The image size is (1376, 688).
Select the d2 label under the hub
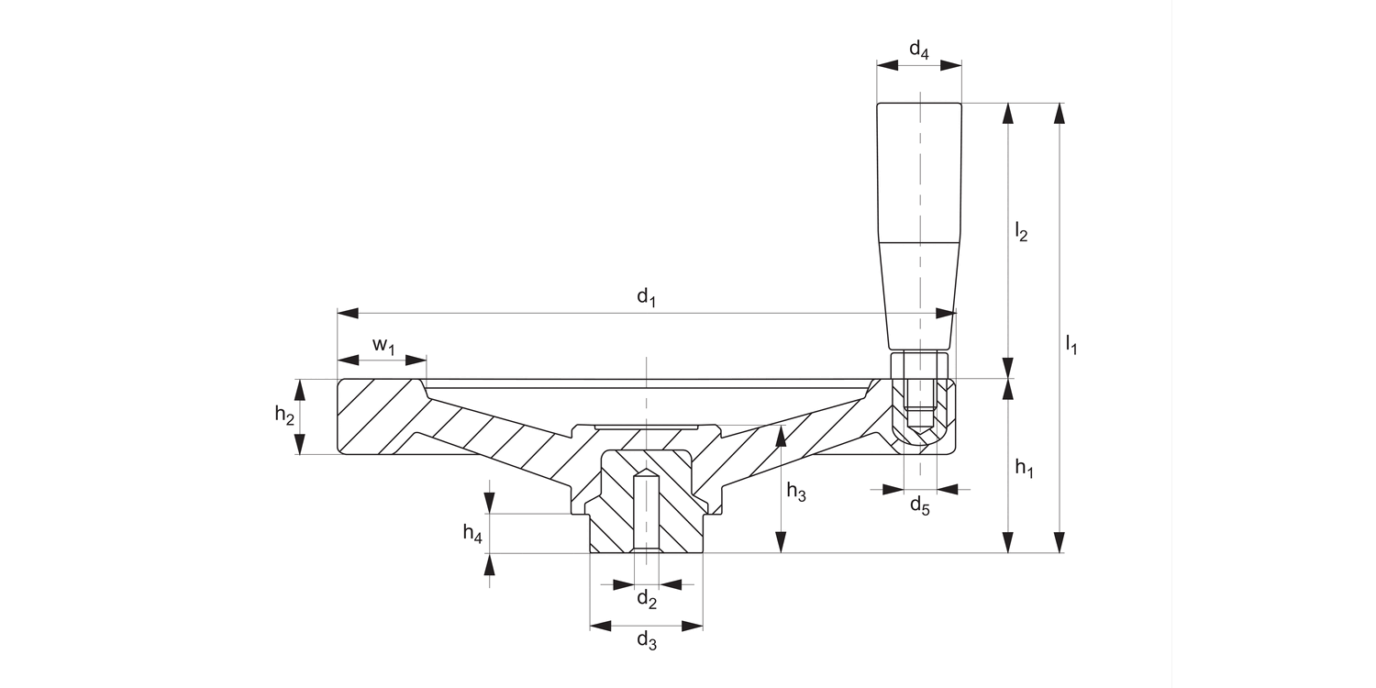pyautogui.click(x=647, y=600)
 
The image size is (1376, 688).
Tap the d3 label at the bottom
pyautogui.click(x=647, y=640)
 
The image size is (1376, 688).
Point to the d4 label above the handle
pyautogui.click(x=918, y=51)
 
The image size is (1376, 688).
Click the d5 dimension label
pyautogui.click(x=919, y=505)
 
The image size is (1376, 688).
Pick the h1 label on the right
pyautogui.click(x=1025, y=469)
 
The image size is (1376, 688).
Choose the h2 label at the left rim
pyautogui.click(x=284, y=415)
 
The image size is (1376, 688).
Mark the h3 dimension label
pyautogui.click(x=796, y=494)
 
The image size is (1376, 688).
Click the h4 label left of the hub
pyautogui.click(x=472, y=533)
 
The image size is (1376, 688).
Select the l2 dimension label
pyautogui.click(x=1021, y=231)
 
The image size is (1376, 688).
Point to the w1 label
pyautogui.click(x=383, y=346)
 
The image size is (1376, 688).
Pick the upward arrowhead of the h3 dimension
pyautogui.click(x=781, y=438)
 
